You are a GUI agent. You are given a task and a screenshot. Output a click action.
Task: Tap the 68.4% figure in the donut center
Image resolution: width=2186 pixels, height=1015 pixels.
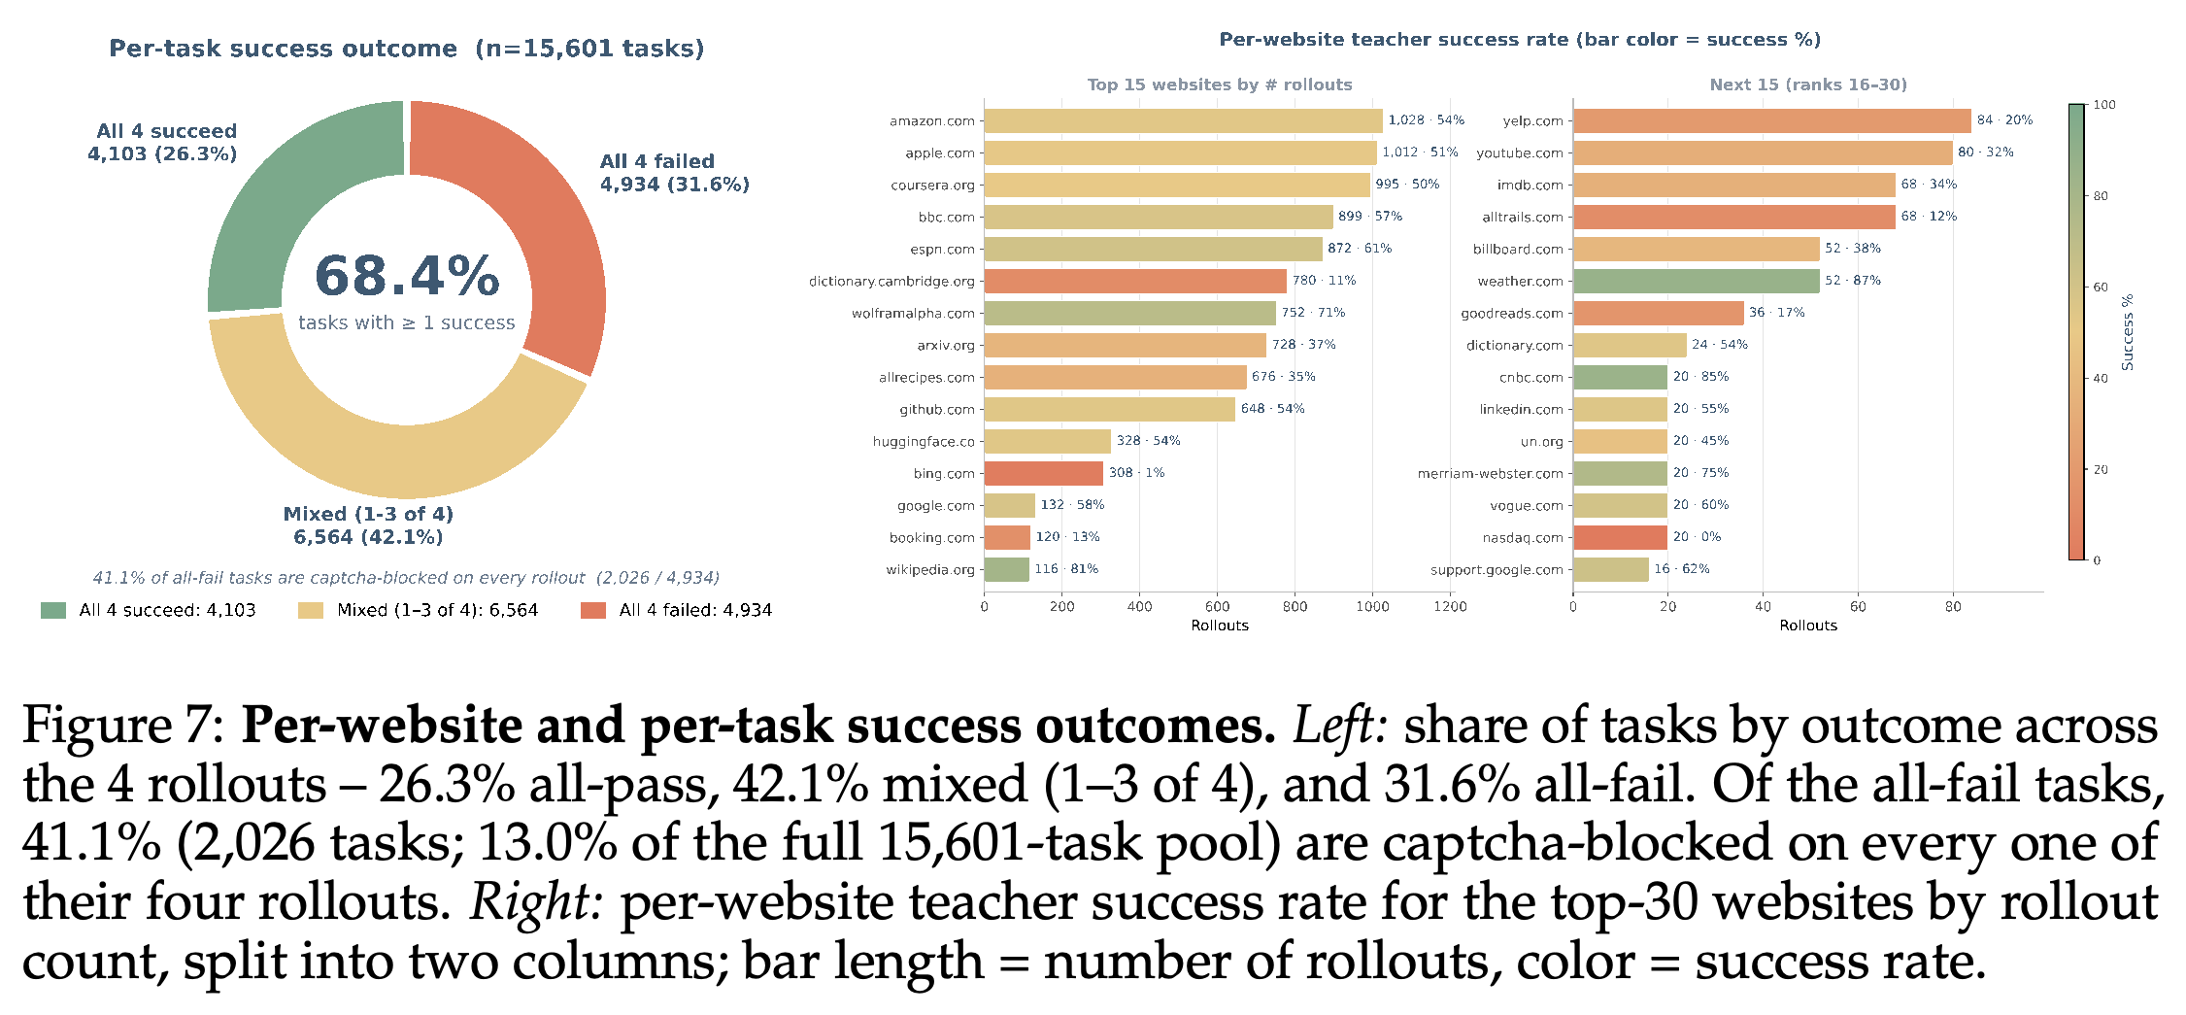click(x=407, y=276)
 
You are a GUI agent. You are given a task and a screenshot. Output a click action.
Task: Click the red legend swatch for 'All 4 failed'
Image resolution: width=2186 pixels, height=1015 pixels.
click(x=593, y=610)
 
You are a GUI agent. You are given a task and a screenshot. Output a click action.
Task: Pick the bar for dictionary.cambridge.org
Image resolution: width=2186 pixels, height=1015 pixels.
click(x=1135, y=281)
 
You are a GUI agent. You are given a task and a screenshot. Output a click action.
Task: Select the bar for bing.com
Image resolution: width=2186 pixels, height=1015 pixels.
click(x=1044, y=473)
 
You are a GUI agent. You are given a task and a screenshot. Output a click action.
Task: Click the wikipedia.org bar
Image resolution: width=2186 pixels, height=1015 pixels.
click(x=1007, y=569)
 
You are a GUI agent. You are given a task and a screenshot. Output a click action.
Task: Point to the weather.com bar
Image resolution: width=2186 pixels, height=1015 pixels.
click(x=1697, y=281)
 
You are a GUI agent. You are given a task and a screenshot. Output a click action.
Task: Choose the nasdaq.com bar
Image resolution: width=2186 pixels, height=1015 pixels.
click(x=1621, y=537)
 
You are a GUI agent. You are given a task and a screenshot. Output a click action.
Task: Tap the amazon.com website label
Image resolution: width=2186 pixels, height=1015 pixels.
click(x=931, y=120)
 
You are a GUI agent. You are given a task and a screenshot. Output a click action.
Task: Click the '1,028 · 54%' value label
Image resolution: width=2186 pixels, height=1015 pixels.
click(x=1426, y=119)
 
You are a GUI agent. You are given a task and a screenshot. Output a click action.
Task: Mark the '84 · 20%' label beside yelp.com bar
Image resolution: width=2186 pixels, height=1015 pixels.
click(x=2004, y=119)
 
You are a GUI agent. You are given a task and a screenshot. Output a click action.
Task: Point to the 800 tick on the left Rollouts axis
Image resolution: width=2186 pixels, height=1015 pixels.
click(x=1295, y=606)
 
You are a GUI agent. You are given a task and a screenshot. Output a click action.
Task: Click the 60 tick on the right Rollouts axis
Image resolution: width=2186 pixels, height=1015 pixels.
click(x=1858, y=606)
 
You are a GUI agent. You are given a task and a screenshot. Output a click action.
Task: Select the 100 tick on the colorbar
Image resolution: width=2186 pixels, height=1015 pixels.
click(x=2104, y=105)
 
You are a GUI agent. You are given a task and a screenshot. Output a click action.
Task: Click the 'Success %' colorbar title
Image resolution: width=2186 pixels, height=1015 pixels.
click(x=2128, y=332)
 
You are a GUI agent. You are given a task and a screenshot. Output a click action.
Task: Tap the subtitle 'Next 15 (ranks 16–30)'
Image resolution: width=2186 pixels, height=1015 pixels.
click(x=1808, y=85)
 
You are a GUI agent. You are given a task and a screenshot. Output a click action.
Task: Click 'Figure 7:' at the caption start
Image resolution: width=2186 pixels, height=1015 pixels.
click(x=124, y=727)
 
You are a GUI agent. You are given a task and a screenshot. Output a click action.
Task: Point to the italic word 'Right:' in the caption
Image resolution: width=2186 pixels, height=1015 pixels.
click(x=537, y=902)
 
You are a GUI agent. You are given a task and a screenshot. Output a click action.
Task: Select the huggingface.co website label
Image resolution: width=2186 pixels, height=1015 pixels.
click(x=924, y=441)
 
